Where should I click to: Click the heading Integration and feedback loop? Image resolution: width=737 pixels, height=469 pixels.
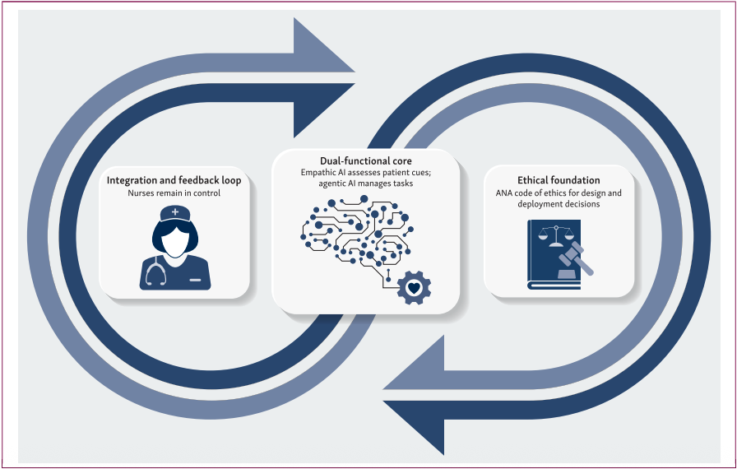[174, 179]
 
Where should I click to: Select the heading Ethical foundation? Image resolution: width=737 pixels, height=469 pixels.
[559, 180]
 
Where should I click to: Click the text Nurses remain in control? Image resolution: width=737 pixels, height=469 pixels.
[174, 193]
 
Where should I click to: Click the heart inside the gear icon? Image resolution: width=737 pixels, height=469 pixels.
[414, 288]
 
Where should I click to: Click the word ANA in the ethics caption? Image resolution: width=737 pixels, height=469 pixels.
[504, 193]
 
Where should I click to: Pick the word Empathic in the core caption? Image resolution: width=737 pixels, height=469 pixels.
[324, 172]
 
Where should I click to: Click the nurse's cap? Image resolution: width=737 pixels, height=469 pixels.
[174, 215]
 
